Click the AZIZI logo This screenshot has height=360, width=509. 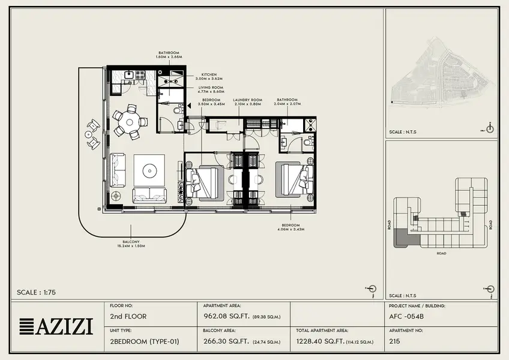click(x=56, y=326)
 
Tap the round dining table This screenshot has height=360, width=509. click(x=130, y=122)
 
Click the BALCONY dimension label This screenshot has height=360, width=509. click(x=131, y=244)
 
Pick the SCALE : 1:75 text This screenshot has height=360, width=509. click(x=37, y=292)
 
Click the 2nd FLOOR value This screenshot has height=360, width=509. click(x=128, y=316)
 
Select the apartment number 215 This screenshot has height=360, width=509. click(x=395, y=341)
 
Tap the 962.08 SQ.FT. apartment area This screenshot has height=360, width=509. click(x=226, y=316)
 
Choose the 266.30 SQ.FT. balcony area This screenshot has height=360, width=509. click(x=226, y=341)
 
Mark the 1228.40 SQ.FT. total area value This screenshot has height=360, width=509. click(x=319, y=341)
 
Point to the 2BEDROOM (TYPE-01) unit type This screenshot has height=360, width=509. click(x=145, y=341)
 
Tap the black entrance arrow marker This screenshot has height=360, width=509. click(x=190, y=105)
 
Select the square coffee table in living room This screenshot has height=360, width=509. click(x=149, y=170)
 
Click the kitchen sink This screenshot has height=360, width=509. click(x=129, y=75)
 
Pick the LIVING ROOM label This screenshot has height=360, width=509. click(x=211, y=89)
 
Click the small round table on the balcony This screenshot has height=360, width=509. click(x=88, y=134)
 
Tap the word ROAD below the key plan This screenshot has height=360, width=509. click(x=441, y=253)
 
